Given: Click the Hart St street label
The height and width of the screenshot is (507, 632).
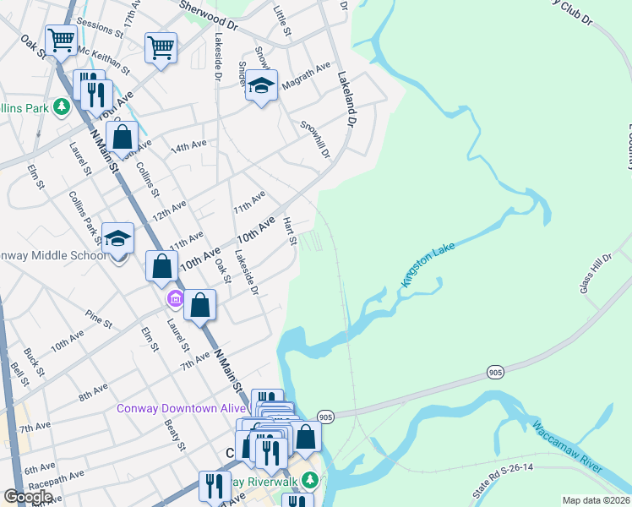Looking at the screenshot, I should pos(290,231).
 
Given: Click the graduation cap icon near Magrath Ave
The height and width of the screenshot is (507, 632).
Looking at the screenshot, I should pos(262,84).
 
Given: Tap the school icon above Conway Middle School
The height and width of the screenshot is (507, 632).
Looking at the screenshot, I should pos(118,237).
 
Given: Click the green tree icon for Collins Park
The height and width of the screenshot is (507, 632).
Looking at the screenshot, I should pos(61,107).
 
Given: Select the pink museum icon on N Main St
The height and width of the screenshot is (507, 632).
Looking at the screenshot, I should pos(175,298).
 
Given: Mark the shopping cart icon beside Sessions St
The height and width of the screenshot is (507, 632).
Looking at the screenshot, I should pos(61,39).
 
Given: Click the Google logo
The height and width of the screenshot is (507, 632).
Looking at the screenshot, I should pos(29,497).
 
